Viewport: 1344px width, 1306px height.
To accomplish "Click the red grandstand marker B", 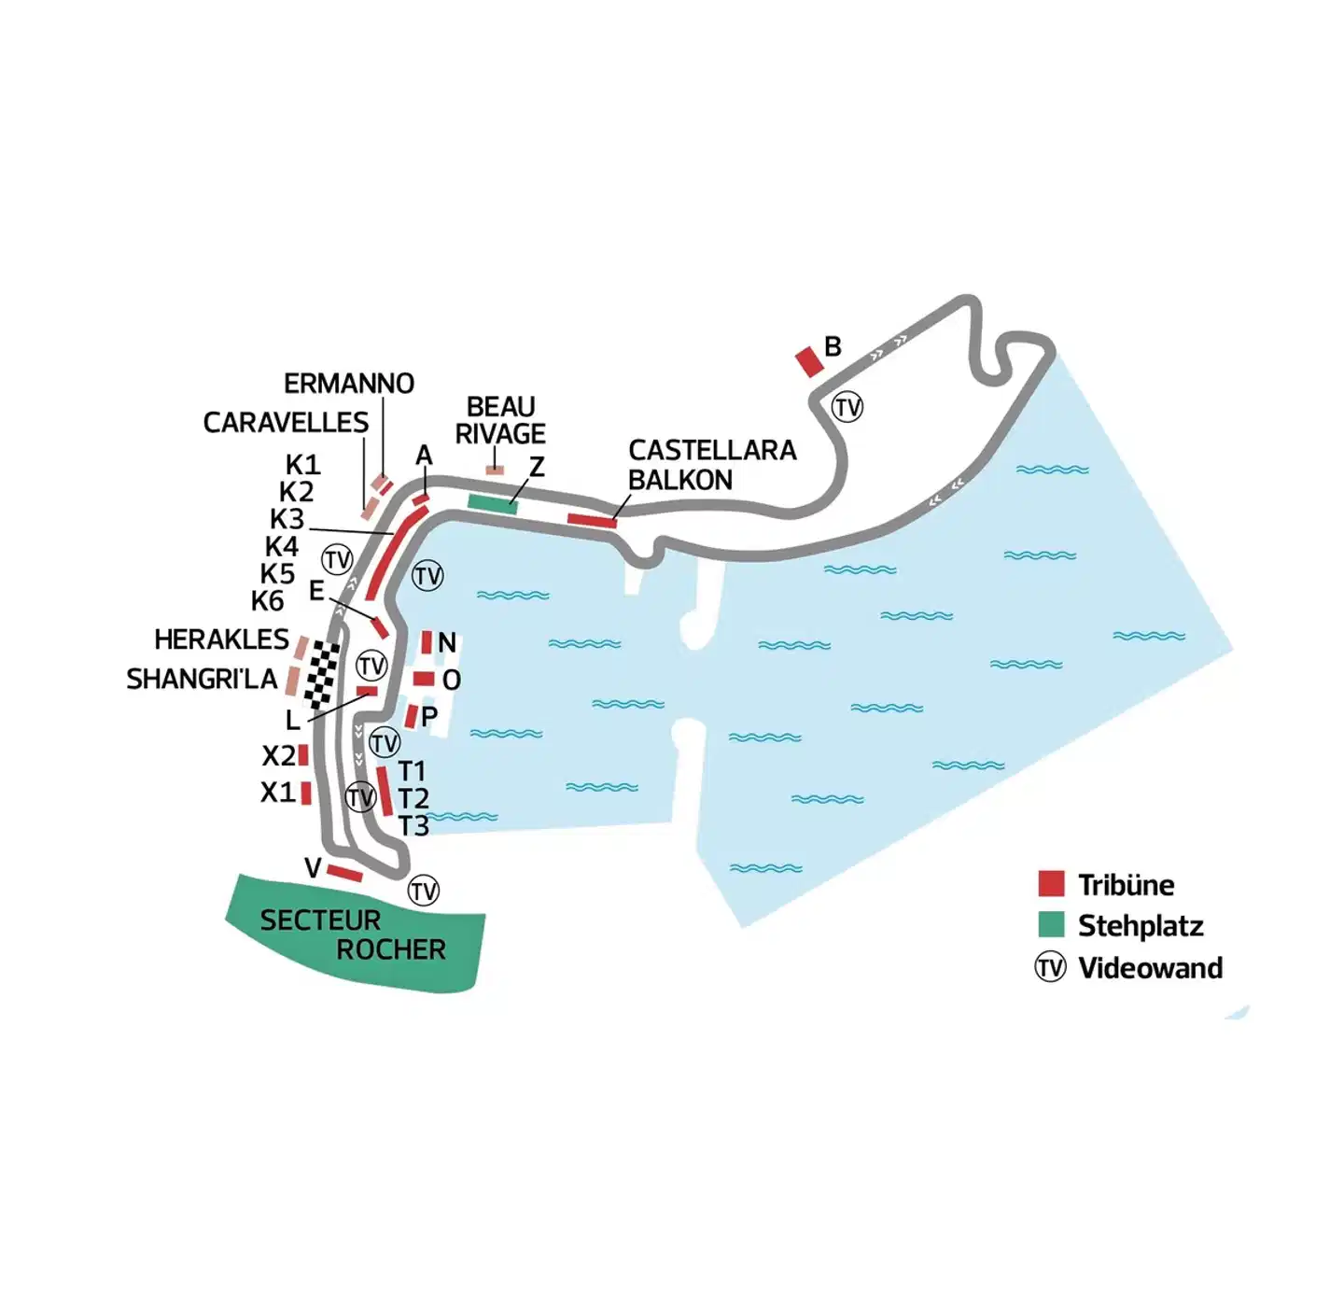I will click(809, 361).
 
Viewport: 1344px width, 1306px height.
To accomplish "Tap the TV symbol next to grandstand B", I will click(847, 407).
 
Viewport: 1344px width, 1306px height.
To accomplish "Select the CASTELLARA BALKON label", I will click(711, 465).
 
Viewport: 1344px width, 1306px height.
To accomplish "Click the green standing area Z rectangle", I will click(492, 504).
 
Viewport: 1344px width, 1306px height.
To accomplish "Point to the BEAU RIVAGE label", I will click(500, 420).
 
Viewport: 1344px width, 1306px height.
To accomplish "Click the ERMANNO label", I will click(349, 384).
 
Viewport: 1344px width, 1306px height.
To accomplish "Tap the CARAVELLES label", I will click(286, 423).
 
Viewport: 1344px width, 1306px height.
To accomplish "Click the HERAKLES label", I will click(221, 639).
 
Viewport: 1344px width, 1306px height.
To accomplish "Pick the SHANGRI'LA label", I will click(202, 679).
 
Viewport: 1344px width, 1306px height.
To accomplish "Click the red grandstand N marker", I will click(427, 642).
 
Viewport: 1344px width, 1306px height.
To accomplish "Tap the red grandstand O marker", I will click(424, 679).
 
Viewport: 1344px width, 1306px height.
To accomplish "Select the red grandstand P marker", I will click(411, 717).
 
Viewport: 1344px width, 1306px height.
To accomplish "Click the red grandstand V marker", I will click(344, 874).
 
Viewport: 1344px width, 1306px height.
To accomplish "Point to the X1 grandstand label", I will click(277, 793).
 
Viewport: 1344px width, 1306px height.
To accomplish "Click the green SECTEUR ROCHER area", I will click(355, 934).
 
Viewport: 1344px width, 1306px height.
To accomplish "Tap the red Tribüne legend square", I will click(1051, 883).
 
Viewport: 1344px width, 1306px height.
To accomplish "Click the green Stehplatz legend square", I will click(1051, 924).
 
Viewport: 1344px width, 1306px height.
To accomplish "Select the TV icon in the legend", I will click(1050, 967).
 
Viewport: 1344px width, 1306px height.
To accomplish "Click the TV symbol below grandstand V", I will click(424, 891).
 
